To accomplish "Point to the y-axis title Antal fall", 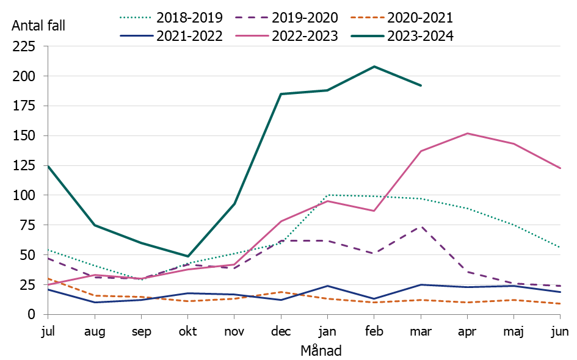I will click(38, 26).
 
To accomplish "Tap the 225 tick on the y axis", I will click(26, 46).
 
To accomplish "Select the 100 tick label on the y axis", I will click(26, 195).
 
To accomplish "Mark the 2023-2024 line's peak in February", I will click(374, 67).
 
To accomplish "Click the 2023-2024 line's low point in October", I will click(188, 256).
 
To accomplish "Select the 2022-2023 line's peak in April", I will click(467, 133).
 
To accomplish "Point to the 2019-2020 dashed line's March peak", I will click(421, 226).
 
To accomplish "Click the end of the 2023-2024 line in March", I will click(421, 85).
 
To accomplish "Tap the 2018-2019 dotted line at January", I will click(328, 195).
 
